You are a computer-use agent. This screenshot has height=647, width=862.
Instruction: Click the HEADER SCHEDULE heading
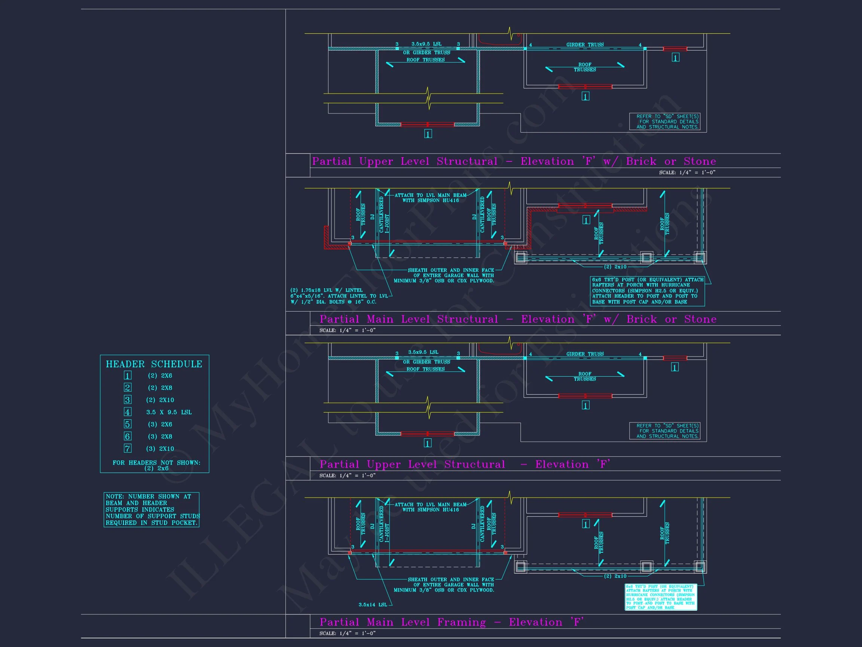(x=154, y=364)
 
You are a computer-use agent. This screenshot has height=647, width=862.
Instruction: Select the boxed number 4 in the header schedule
(x=128, y=412)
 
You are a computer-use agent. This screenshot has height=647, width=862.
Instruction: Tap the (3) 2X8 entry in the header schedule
(x=160, y=437)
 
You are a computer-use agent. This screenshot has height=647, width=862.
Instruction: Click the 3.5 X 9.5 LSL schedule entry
(x=169, y=412)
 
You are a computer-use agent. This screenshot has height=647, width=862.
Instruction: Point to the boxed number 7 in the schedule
(x=128, y=449)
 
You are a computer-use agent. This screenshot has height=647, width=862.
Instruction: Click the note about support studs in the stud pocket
(x=151, y=510)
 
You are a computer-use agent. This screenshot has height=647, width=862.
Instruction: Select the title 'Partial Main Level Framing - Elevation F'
(x=451, y=622)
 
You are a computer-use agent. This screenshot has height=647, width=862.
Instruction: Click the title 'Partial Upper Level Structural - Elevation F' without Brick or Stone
(x=465, y=464)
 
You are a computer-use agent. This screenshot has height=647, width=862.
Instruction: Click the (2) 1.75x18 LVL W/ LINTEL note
(x=339, y=296)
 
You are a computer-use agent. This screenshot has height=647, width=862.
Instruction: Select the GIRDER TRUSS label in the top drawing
(x=584, y=45)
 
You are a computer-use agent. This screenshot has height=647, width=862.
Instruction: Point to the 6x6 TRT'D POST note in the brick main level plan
(x=648, y=291)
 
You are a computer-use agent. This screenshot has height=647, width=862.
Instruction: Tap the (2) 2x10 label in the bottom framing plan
(x=615, y=576)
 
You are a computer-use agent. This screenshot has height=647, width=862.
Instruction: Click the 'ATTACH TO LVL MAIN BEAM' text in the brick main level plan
(x=430, y=198)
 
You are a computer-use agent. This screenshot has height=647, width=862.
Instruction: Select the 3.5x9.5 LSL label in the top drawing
(x=427, y=44)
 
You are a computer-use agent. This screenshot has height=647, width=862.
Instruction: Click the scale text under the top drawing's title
(x=687, y=172)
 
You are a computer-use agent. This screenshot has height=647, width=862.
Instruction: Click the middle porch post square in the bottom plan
(x=646, y=566)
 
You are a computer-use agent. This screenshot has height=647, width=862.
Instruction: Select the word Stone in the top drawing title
(x=700, y=161)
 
